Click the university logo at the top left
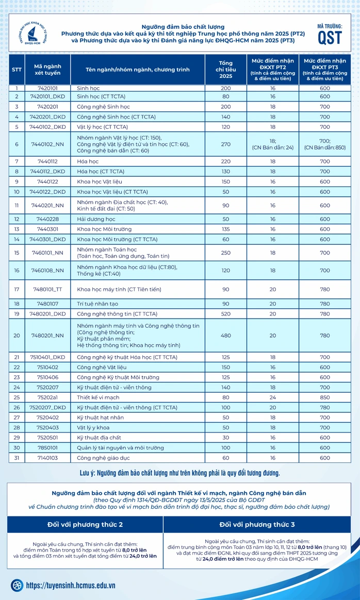[32, 34]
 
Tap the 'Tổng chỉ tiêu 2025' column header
[225, 70]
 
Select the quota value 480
[225, 335]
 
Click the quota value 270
[225, 144]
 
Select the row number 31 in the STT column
[17, 457]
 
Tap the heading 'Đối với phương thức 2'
[85, 525]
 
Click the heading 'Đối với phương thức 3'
[256, 525]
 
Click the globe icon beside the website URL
[17, 585]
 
